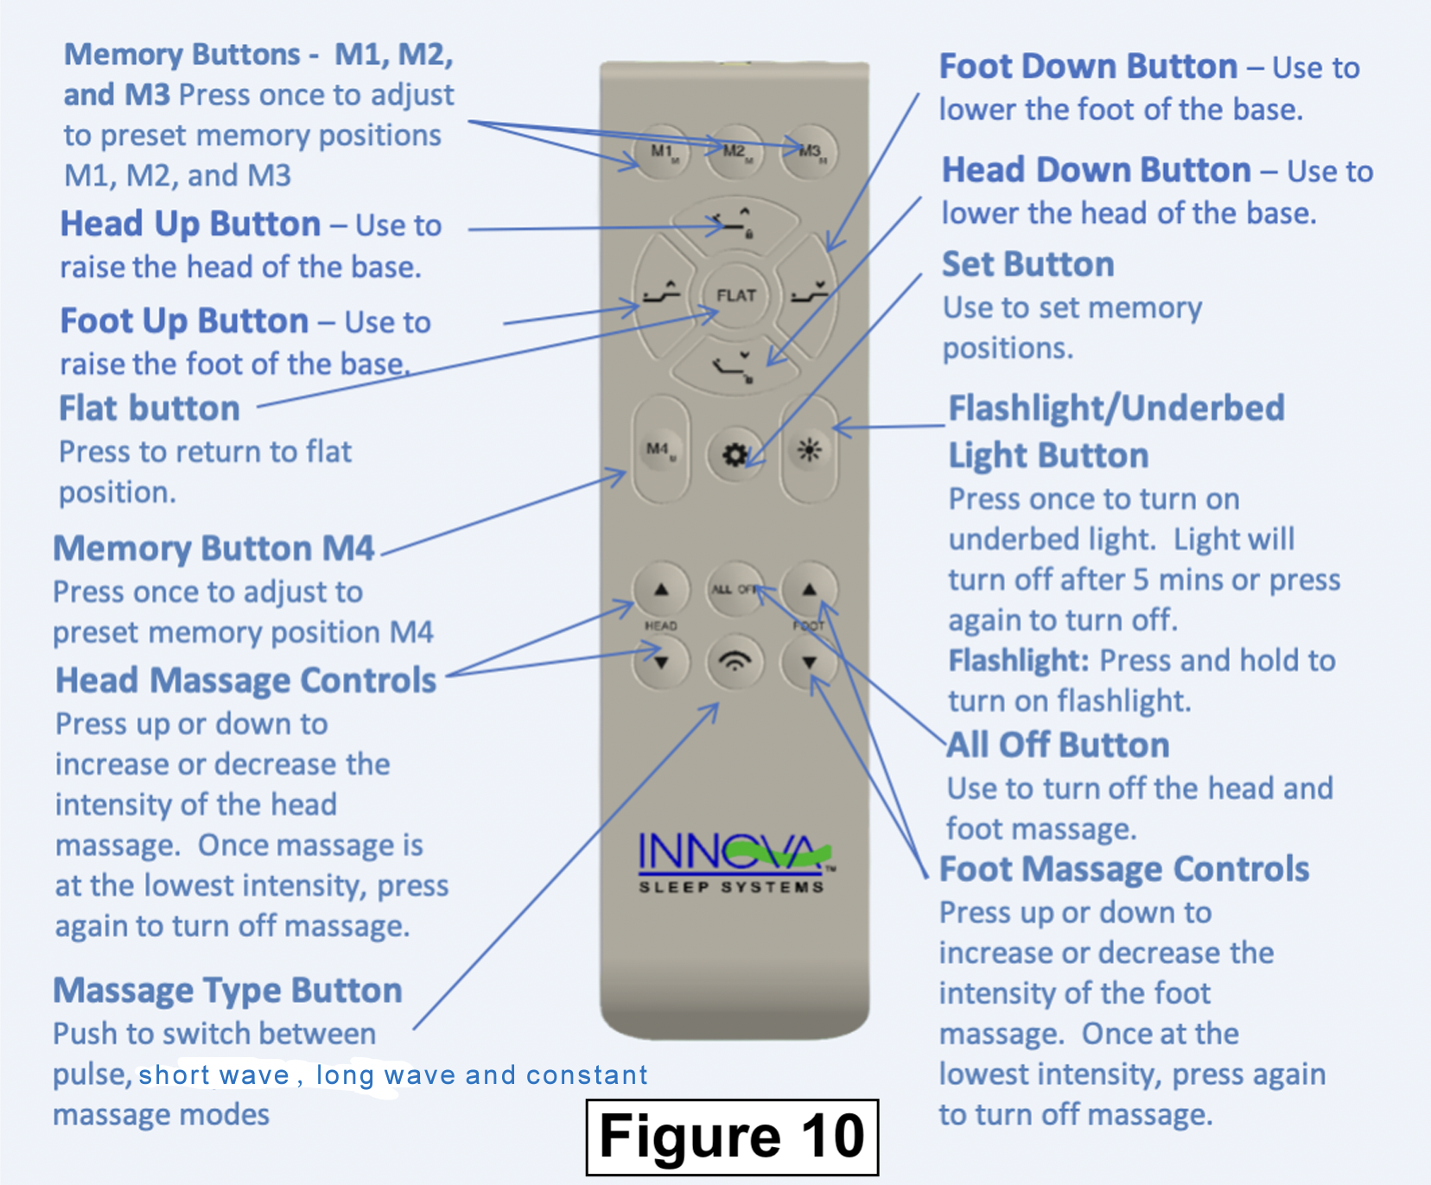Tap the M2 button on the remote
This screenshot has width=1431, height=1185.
pos(735,152)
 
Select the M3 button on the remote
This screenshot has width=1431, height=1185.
pos(809,152)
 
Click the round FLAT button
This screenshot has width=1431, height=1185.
pos(735,295)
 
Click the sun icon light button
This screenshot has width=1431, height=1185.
pos(809,450)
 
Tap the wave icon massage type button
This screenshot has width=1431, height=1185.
pos(735,662)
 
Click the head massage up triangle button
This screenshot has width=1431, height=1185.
pos(661,590)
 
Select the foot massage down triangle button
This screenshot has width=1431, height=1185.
pos(809,662)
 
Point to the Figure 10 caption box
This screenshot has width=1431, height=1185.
pos(732,1137)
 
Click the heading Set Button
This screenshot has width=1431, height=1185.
pos(1027,264)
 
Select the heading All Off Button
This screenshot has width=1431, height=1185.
pos(1059,745)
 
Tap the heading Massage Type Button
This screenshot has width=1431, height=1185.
pos(228,990)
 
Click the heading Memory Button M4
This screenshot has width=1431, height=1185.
pos(214,548)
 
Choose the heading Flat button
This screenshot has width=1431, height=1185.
pos(149,408)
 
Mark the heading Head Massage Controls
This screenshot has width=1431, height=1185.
pos(246,681)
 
